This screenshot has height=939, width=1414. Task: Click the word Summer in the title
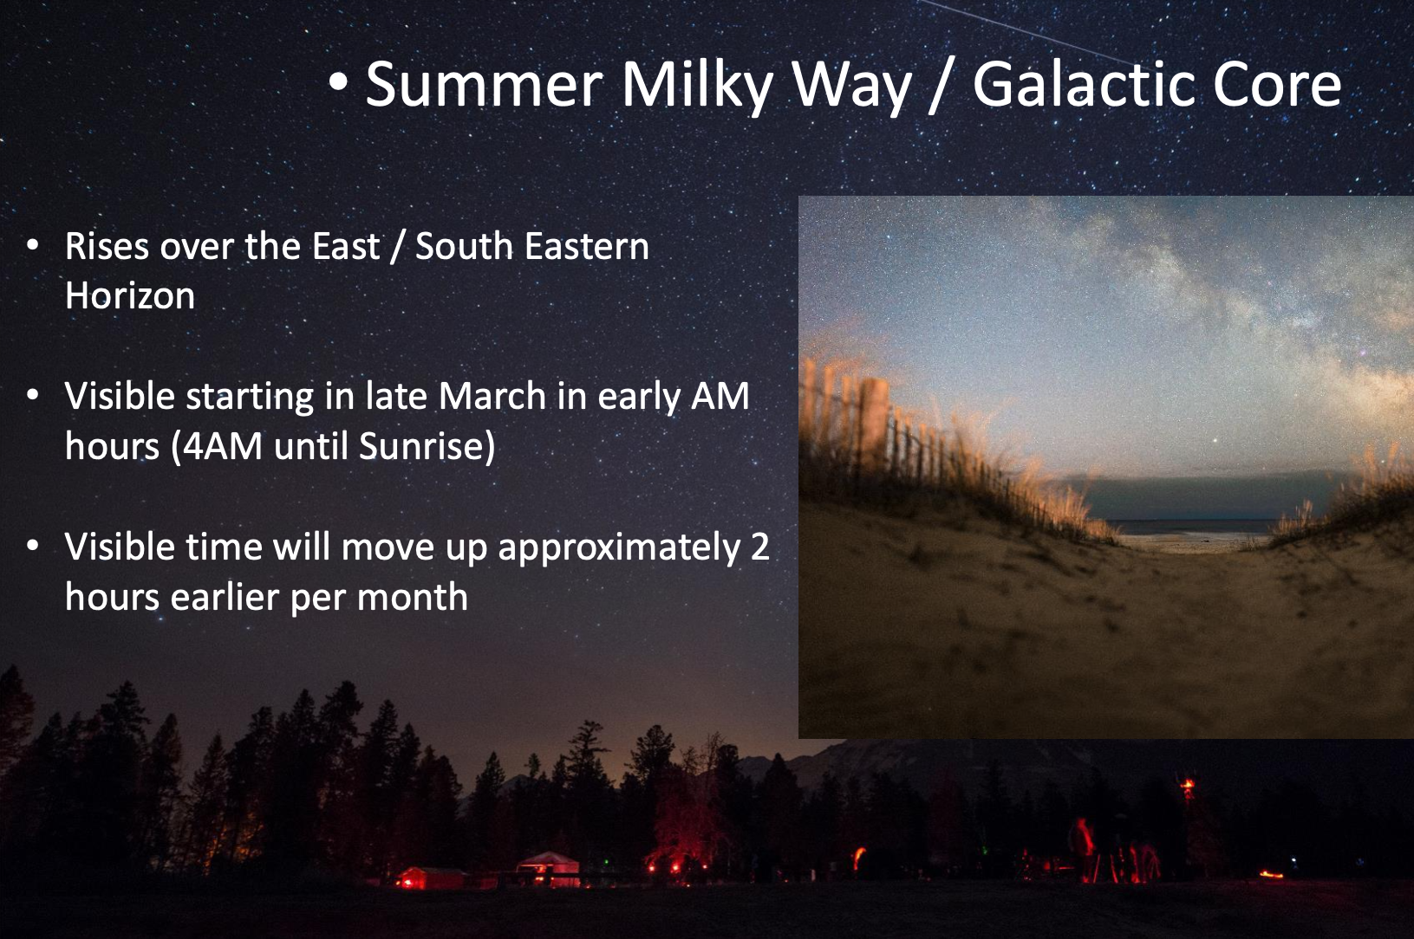(x=484, y=85)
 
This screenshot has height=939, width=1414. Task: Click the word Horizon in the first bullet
(x=130, y=295)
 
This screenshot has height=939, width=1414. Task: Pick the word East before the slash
(x=346, y=245)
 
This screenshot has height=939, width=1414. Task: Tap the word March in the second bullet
(x=492, y=396)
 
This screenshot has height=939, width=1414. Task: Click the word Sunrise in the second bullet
(x=420, y=446)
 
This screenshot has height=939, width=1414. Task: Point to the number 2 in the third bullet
(x=760, y=547)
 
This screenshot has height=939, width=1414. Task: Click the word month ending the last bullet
(x=412, y=597)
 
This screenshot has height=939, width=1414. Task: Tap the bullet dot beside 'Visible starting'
(x=33, y=395)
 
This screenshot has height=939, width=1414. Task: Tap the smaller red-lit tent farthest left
(x=430, y=877)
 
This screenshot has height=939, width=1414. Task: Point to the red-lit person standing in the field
(x=1083, y=848)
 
